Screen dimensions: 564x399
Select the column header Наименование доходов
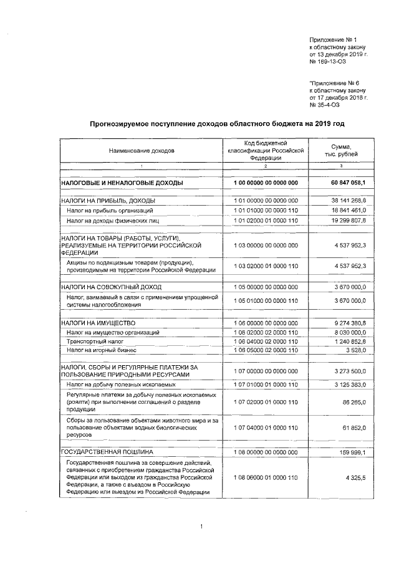tap(142, 151)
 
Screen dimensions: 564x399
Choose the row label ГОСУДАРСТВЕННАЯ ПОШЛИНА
tap(107, 450)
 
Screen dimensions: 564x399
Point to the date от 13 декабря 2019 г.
tap(339, 55)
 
